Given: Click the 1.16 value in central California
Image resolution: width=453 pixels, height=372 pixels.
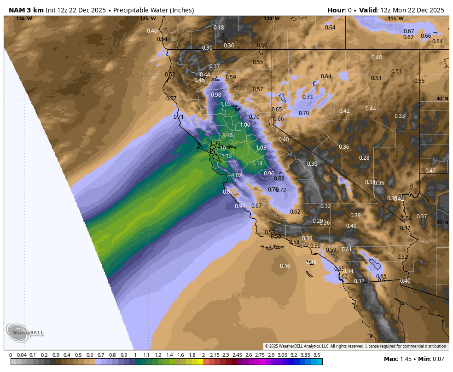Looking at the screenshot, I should pos(227,135).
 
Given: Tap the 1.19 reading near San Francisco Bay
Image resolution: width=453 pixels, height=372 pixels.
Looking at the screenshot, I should pos(221,149).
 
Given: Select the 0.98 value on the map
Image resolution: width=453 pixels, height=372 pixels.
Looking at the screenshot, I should pos(216,95).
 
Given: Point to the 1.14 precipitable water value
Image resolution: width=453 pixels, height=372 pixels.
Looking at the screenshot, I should pos(257,163).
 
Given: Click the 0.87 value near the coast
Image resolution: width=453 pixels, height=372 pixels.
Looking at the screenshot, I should pos(228,192).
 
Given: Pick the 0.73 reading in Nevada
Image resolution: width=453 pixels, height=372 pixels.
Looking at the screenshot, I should pos(308,97).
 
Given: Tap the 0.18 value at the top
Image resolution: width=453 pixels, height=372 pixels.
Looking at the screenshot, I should pos(219,28).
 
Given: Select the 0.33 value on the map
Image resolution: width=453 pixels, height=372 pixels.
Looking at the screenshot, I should pos(400,116).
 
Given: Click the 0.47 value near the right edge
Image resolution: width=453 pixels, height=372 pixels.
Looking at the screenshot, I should pos(430,171).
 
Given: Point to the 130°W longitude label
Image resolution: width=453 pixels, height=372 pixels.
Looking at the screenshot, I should pos(24,18).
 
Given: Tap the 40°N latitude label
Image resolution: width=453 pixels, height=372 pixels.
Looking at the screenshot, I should pos(442,99).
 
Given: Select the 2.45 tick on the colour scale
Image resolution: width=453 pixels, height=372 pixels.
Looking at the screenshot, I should pos(237,355).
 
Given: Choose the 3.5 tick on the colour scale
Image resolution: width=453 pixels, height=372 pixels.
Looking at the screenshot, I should pos(317,355).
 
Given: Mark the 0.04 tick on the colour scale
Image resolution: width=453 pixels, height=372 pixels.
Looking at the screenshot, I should pos(22,355).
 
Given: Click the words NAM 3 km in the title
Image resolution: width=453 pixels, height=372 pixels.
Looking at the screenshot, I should pos(26,10).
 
